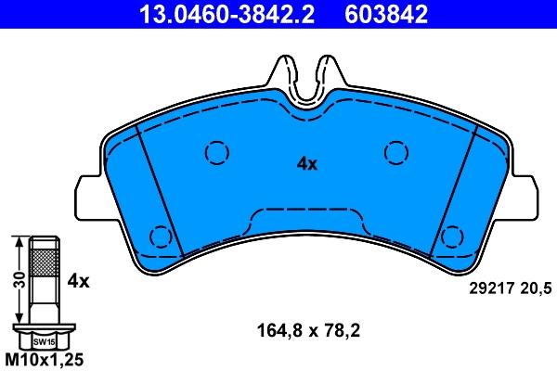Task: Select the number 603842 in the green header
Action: tap(386, 13)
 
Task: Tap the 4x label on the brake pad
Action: tap(306, 164)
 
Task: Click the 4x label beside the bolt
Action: tap(78, 279)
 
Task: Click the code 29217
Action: tap(487, 289)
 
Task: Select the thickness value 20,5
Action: tap(536, 289)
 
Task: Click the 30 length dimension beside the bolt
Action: tap(16, 281)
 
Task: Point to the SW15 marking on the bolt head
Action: tap(45, 341)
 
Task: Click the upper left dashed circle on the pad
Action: tap(216, 152)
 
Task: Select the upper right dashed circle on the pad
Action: tap(396, 152)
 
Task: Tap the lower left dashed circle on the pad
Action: tap(162, 237)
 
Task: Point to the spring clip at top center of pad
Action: tap(306, 79)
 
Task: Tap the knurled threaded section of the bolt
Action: tap(45, 263)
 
